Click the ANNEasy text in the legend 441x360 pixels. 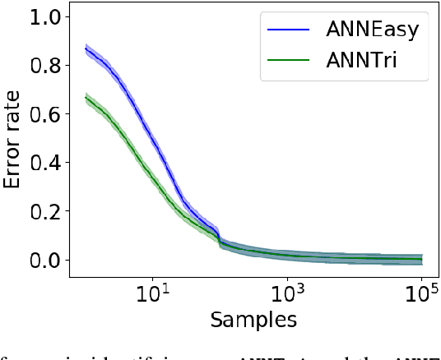(372, 30)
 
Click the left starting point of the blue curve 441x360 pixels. (86, 48)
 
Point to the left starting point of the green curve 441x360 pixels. (86, 97)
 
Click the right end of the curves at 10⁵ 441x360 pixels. (422, 259)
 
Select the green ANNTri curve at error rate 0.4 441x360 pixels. (137, 163)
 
